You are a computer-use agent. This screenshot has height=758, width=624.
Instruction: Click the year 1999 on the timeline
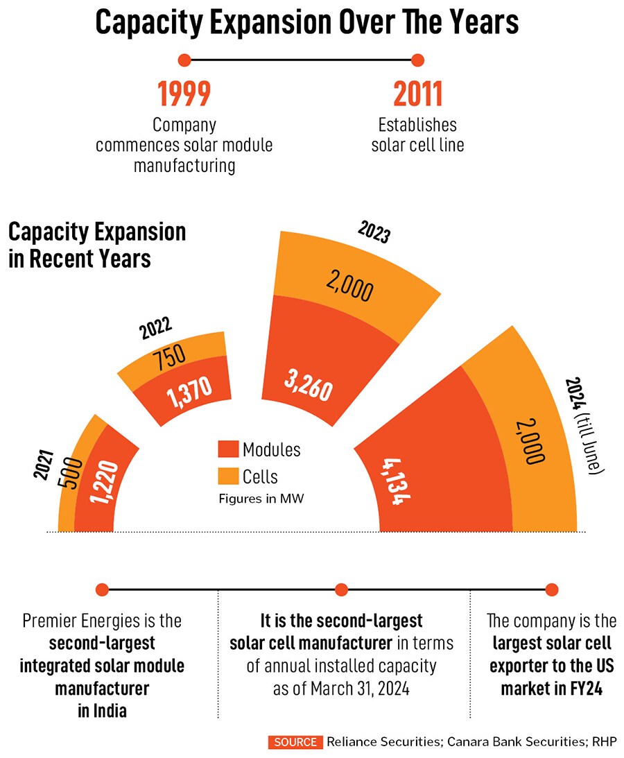tap(184, 94)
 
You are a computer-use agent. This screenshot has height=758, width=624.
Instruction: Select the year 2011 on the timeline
tap(418, 94)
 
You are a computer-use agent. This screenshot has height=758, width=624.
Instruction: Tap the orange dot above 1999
tap(184, 60)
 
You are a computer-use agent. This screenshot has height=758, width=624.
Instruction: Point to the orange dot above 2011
tap(417, 60)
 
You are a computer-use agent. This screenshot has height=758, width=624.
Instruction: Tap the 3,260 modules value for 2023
tap(309, 385)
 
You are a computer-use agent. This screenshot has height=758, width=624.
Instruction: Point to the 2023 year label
tap(374, 233)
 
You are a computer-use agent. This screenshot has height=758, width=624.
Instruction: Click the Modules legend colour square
tap(227, 449)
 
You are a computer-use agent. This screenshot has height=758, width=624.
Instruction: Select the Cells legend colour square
tap(227, 476)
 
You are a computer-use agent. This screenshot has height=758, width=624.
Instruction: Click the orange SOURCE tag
tap(295, 742)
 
